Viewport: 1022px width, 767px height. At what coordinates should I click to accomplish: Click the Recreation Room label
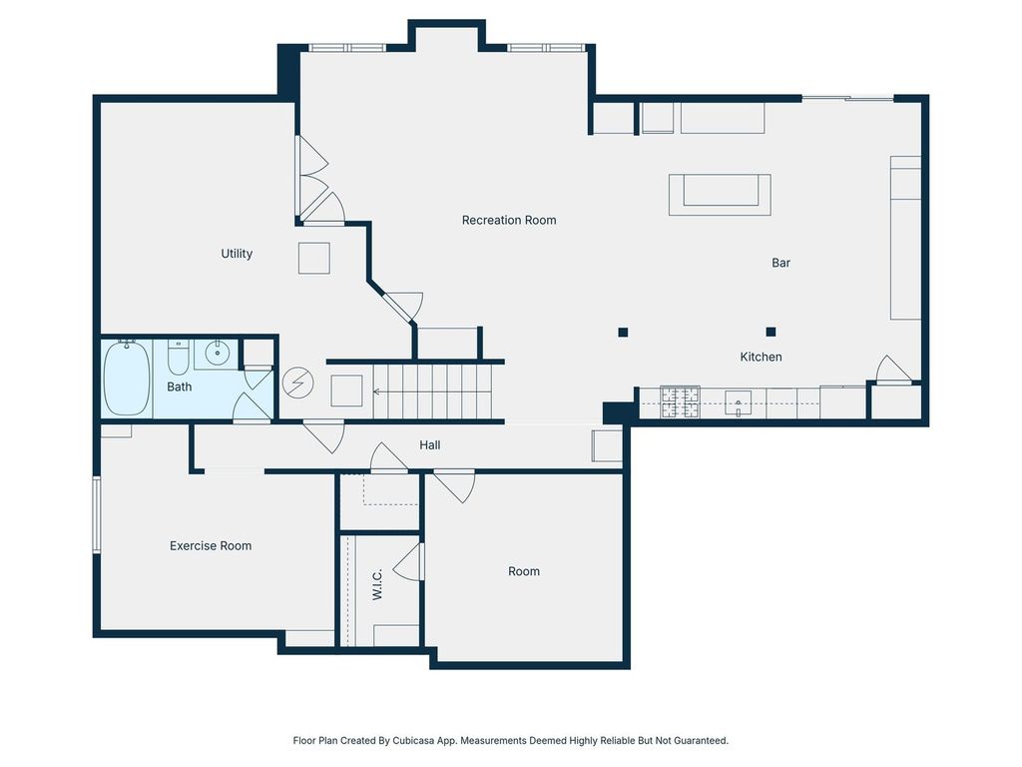[509, 221]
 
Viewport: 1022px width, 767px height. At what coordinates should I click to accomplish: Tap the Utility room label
[237, 254]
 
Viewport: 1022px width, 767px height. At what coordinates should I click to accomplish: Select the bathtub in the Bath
[127, 378]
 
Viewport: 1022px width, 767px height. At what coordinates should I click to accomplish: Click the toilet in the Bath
[178, 356]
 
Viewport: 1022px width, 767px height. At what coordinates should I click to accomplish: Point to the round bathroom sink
[217, 353]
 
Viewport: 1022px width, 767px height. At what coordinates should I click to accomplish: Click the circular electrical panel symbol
[297, 383]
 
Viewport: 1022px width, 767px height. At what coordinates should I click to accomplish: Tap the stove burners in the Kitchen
[680, 401]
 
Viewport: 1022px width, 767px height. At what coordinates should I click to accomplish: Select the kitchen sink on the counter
[738, 403]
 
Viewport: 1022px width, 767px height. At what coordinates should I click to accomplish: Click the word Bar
[780, 263]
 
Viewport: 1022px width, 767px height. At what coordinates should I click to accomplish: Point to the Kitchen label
[761, 357]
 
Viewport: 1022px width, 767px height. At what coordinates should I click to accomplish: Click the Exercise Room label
[211, 546]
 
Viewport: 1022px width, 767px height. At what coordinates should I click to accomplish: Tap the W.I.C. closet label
[377, 583]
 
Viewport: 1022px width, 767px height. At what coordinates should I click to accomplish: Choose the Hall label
[429, 445]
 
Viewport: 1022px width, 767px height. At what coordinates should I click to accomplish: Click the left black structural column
[623, 333]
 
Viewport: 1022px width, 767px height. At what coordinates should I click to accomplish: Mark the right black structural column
[771, 332]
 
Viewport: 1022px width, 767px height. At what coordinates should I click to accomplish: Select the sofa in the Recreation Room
[720, 195]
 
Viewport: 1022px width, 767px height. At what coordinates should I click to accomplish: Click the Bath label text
[180, 386]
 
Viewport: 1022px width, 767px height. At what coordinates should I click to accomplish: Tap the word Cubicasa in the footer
[413, 741]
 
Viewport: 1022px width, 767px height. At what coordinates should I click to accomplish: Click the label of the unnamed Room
[524, 571]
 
